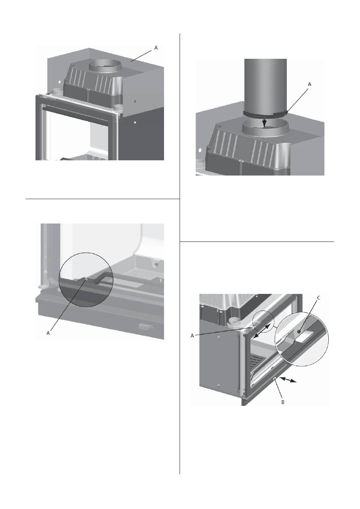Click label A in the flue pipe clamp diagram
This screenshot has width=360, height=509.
pos(310,84)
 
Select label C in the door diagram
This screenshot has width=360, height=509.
pos(319,298)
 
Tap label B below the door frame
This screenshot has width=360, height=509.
pos(283,409)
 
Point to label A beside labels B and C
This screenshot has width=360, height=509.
pos(192,335)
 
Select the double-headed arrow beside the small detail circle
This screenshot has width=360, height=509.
pos(262,331)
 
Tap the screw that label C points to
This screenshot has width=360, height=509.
pos(299,332)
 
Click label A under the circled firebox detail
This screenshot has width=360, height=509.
pos(48,333)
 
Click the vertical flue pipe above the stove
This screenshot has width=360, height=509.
pos(265,86)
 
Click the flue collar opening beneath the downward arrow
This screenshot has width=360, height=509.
pos(266,128)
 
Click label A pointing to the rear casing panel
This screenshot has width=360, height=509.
pos(156,48)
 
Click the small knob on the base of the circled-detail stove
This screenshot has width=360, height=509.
pos(144,327)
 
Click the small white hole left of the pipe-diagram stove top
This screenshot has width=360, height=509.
pos(200,150)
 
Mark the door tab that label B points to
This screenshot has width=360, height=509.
pos(275,378)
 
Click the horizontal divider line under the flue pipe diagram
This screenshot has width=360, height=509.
pos(257,242)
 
